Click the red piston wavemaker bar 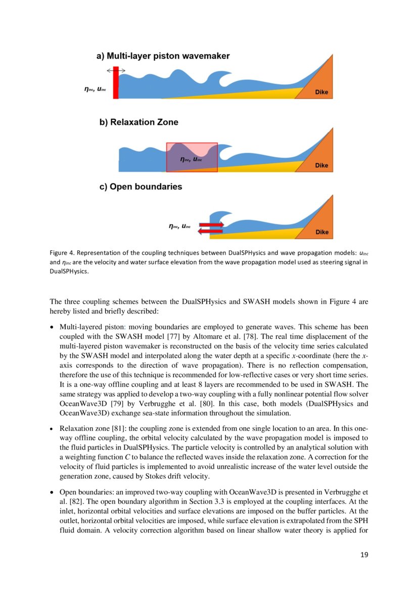point(116,82)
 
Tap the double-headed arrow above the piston point(116,71)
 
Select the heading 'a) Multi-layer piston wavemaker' point(163,56)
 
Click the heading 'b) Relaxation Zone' point(138,122)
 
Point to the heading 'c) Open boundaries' point(141,187)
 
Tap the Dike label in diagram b point(321,166)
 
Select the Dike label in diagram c point(321,232)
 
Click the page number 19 point(364,555)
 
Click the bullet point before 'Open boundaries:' point(53,492)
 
